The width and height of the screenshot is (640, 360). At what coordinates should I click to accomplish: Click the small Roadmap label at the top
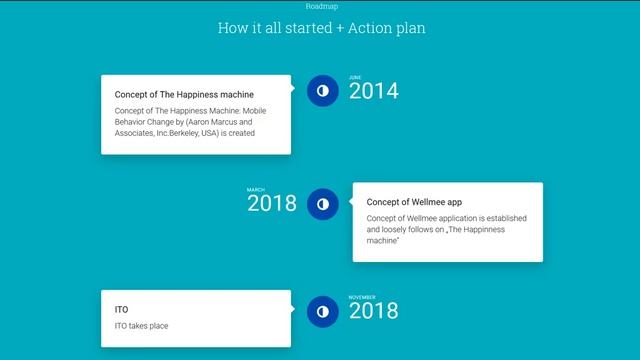coord(320,6)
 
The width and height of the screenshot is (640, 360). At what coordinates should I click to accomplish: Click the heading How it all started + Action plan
coord(320,27)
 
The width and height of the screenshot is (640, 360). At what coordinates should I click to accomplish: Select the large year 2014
coord(373,92)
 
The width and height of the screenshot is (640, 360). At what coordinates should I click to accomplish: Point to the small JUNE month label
coord(355,77)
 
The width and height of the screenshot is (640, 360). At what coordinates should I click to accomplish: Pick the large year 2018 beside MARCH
coord(272,204)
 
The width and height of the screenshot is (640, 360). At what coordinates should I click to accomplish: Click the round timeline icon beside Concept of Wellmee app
coord(322,203)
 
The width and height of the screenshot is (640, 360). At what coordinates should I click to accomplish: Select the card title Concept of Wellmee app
coord(414,202)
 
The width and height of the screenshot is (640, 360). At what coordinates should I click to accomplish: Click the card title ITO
coord(121,310)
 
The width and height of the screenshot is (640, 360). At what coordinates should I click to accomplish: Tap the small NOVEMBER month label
coord(362,297)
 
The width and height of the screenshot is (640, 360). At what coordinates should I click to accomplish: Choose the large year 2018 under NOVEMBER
coord(373,312)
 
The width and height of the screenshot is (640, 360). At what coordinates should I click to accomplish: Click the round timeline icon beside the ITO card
coord(322,311)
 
